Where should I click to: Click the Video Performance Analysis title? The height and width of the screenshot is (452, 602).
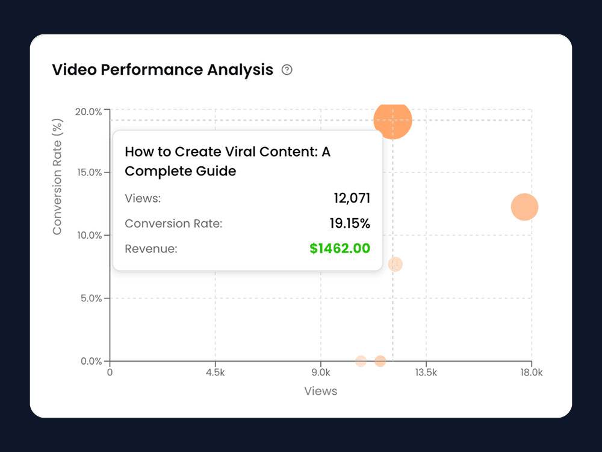[x=163, y=70]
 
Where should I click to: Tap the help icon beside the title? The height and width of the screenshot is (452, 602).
[x=287, y=70]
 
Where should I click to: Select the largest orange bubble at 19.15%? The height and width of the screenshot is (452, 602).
[x=393, y=119]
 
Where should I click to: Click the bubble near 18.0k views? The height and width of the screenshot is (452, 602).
[x=524, y=207]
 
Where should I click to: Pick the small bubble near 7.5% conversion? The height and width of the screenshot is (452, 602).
[x=395, y=264]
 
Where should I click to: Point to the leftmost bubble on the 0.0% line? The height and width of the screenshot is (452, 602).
[x=361, y=361]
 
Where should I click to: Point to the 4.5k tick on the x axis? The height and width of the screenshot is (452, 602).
[x=215, y=373]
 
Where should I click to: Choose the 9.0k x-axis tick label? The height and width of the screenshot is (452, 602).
[x=321, y=373]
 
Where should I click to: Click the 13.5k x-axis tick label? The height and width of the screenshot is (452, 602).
[x=426, y=373]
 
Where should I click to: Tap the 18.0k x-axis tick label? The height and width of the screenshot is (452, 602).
[x=532, y=373]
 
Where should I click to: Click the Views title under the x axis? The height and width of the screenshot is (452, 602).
[x=321, y=391]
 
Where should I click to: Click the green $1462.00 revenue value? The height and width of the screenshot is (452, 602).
[x=340, y=248]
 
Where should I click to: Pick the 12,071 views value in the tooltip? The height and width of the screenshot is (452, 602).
[x=352, y=198]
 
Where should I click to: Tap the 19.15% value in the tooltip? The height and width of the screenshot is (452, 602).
[x=349, y=224]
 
